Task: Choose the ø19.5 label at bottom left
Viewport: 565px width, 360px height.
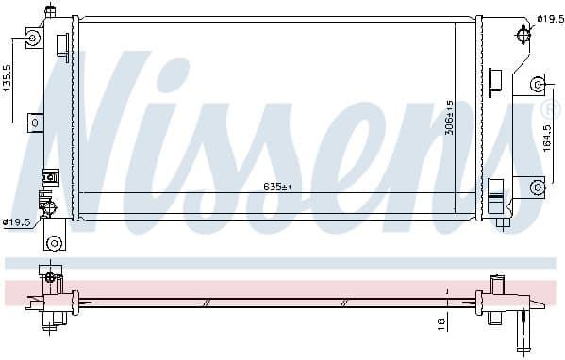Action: pyautogui.click(x=16, y=222)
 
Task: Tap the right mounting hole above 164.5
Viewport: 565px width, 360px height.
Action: pyautogui.click(x=537, y=84)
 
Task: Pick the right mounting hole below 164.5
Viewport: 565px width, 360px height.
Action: pyautogui.click(x=537, y=185)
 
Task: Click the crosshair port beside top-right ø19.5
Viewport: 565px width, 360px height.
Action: pyautogui.click(x=523, y=36)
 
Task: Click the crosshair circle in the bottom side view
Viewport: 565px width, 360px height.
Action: pyautogui.click(x=50, y=278)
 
